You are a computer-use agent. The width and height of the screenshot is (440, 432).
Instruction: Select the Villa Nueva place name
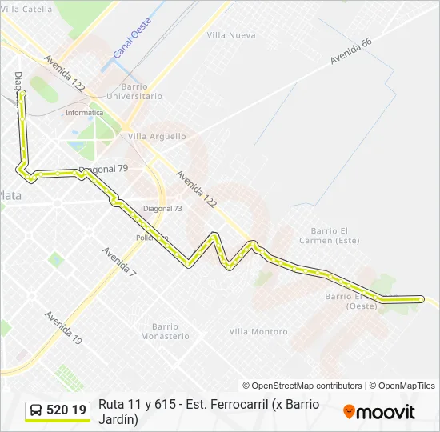[230, 35]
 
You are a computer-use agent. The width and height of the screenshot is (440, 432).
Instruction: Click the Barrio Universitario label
[142, 91]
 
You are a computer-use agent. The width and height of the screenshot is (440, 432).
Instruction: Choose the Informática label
[84, 113]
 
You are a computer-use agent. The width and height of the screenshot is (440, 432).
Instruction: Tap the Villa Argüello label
[157, 136]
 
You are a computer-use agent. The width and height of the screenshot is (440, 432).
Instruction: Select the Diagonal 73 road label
[162, 208]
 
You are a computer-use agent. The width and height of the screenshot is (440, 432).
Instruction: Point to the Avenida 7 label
[119, 262]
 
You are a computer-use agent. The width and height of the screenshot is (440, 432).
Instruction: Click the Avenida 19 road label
[63, 327]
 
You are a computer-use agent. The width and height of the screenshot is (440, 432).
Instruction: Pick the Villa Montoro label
[258, 331]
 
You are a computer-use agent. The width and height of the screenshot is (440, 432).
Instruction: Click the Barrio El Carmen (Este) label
[329, 235]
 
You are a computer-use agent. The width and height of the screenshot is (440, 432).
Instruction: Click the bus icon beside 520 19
[36, 411]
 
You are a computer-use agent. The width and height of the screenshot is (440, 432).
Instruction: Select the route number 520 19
[67, 410]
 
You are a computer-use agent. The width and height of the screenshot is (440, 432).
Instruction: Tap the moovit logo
[379, 412]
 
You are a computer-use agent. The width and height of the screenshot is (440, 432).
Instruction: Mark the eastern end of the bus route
[421, 299]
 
